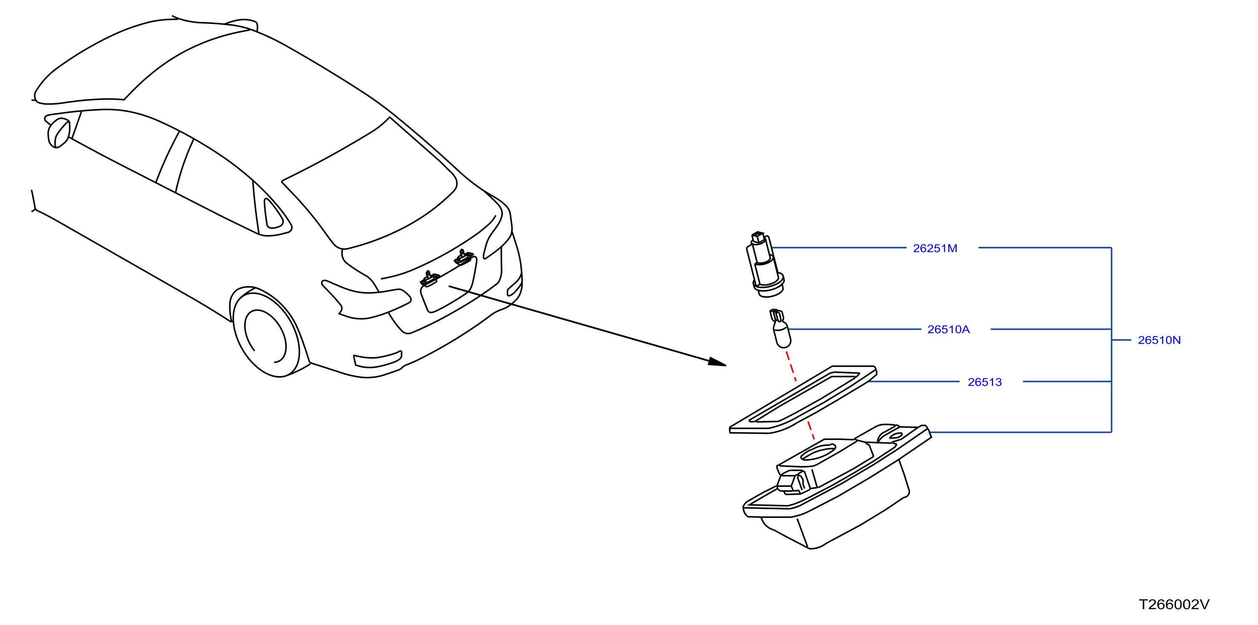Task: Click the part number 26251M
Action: click(935, 248)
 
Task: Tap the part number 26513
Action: click(985, 382)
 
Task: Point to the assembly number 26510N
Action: click(1159, 340)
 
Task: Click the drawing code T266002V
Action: click(1174, 604)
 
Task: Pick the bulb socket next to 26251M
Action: click(765, 264)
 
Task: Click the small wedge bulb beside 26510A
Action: click(780, 328)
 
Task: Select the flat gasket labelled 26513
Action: click(803, 399)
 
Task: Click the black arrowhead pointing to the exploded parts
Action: click(717, 362)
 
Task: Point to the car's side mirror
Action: click(59, 133)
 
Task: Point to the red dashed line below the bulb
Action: click(800, 395)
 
